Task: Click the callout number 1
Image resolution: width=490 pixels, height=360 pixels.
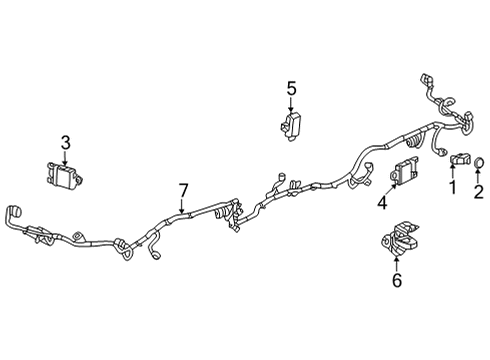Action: click(x=451, y=186)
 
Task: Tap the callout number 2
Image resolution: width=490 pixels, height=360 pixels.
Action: click(x=478, y=191)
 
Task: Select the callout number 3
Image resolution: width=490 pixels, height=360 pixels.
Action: click(x=65, y=142)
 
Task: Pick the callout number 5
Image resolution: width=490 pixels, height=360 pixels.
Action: click(x=292, y=89)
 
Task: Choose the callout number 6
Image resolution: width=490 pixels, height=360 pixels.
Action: click(x=396, y=283)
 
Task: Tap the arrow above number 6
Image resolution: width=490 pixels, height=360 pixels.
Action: click(x=396, y=265)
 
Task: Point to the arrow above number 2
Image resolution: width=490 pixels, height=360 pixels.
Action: click(x=478, y=175)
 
